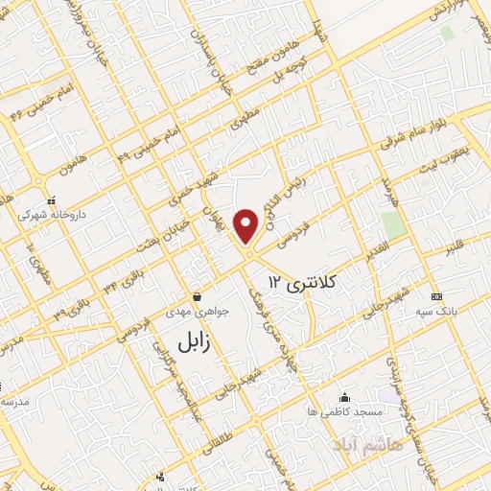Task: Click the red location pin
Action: point(248,226)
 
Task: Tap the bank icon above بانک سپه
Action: point(436,296)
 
